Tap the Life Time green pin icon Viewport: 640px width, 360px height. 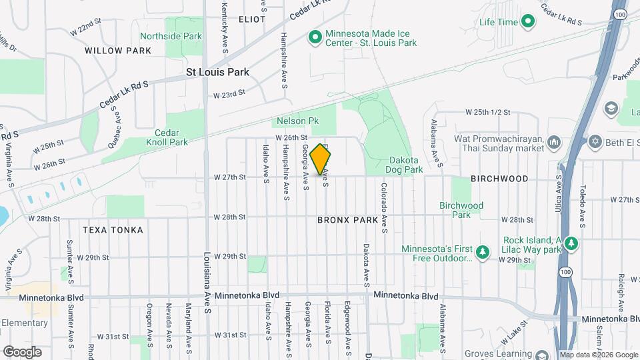pyautogui.click(x=528, y=22)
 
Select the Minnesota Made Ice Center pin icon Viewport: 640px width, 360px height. pyautogui.click(x=314, y=37)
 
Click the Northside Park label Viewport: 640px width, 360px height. pyautogui.click(x=170, y=35)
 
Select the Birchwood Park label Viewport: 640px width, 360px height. pyautogui.click(x=461, y=210)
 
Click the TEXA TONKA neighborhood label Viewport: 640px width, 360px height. pyautogui.click(x=113, y=230)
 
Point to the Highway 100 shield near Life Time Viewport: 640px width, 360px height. pyautogui.click(x=621, y=13)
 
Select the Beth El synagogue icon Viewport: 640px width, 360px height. pyautogui.click(x=594, y=141)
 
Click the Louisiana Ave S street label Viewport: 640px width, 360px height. pyautogui.click(x=208, y=273)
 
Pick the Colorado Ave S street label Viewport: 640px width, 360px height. pyautogui.click(x=385, y=208)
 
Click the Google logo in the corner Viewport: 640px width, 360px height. pyautogui.click(x=23, y=351)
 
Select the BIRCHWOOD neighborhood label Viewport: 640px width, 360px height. pyautogui.click(x=499, y=179)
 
